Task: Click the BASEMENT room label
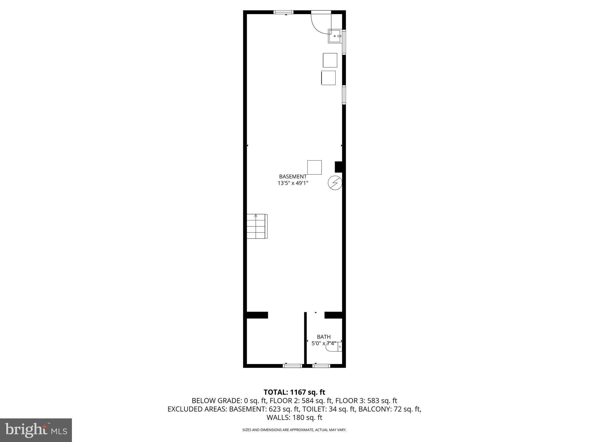coord(293,177)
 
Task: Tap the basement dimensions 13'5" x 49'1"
coord(293,183)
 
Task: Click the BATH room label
coord(324,337)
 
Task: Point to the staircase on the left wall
coord(257,226)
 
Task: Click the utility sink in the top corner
coord(335,36)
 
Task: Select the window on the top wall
coord(283,12)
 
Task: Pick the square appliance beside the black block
coord(314,167)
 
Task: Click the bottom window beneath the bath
coord(321,366)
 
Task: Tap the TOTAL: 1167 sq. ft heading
coord(294,392)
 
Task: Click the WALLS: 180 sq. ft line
coord(294,418)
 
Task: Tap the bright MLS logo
coord(36,430)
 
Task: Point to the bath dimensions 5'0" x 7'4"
coord(324,343)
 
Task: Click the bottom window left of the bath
coord(292,366)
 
